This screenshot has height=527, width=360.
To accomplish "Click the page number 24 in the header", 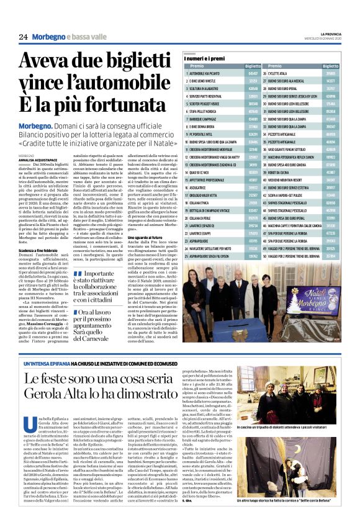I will (23, 37).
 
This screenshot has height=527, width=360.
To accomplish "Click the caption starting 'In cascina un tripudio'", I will (293, 444).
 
